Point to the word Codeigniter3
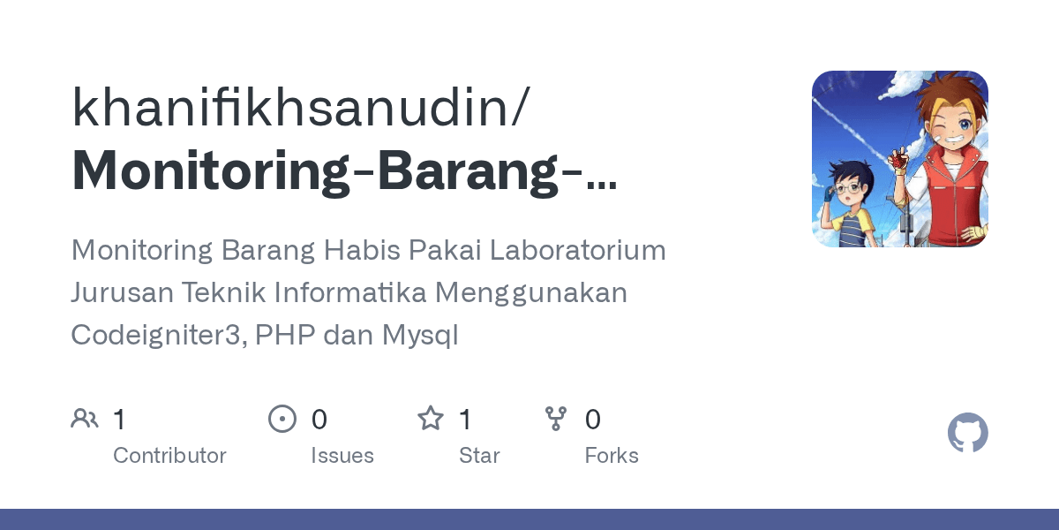click(x=158, y=336)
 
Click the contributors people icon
click(x=85, y=419)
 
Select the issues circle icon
click(x=282, y=419)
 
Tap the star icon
click(x=431, y=419)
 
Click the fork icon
click(x=556, y=419)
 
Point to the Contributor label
click(x=169, y=456)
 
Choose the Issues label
click(x=342, y=456)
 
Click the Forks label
click(x=612, y=456)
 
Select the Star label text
click(x=479, y=456)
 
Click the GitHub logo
click(x=967, y=434)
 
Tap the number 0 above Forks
click(x=593, y=420)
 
